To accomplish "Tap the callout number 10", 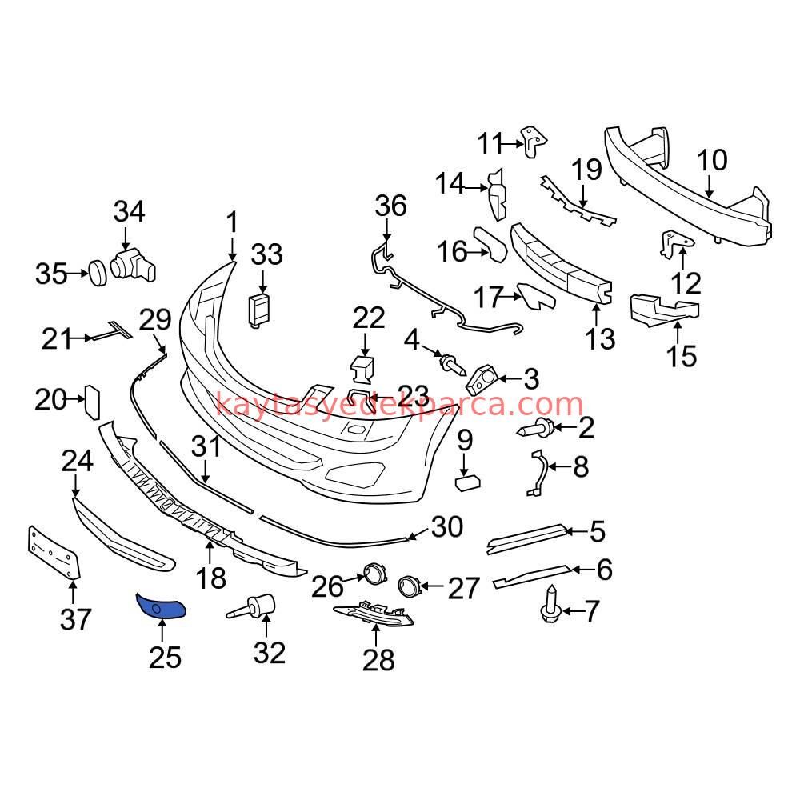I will [711, 161].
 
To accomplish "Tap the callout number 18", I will [211, 577].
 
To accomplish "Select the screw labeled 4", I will [452, 366].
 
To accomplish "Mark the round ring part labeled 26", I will [374, 574].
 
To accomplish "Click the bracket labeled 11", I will [534, 141].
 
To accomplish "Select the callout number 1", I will [232, 222].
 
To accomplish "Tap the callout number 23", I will [413, 394].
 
